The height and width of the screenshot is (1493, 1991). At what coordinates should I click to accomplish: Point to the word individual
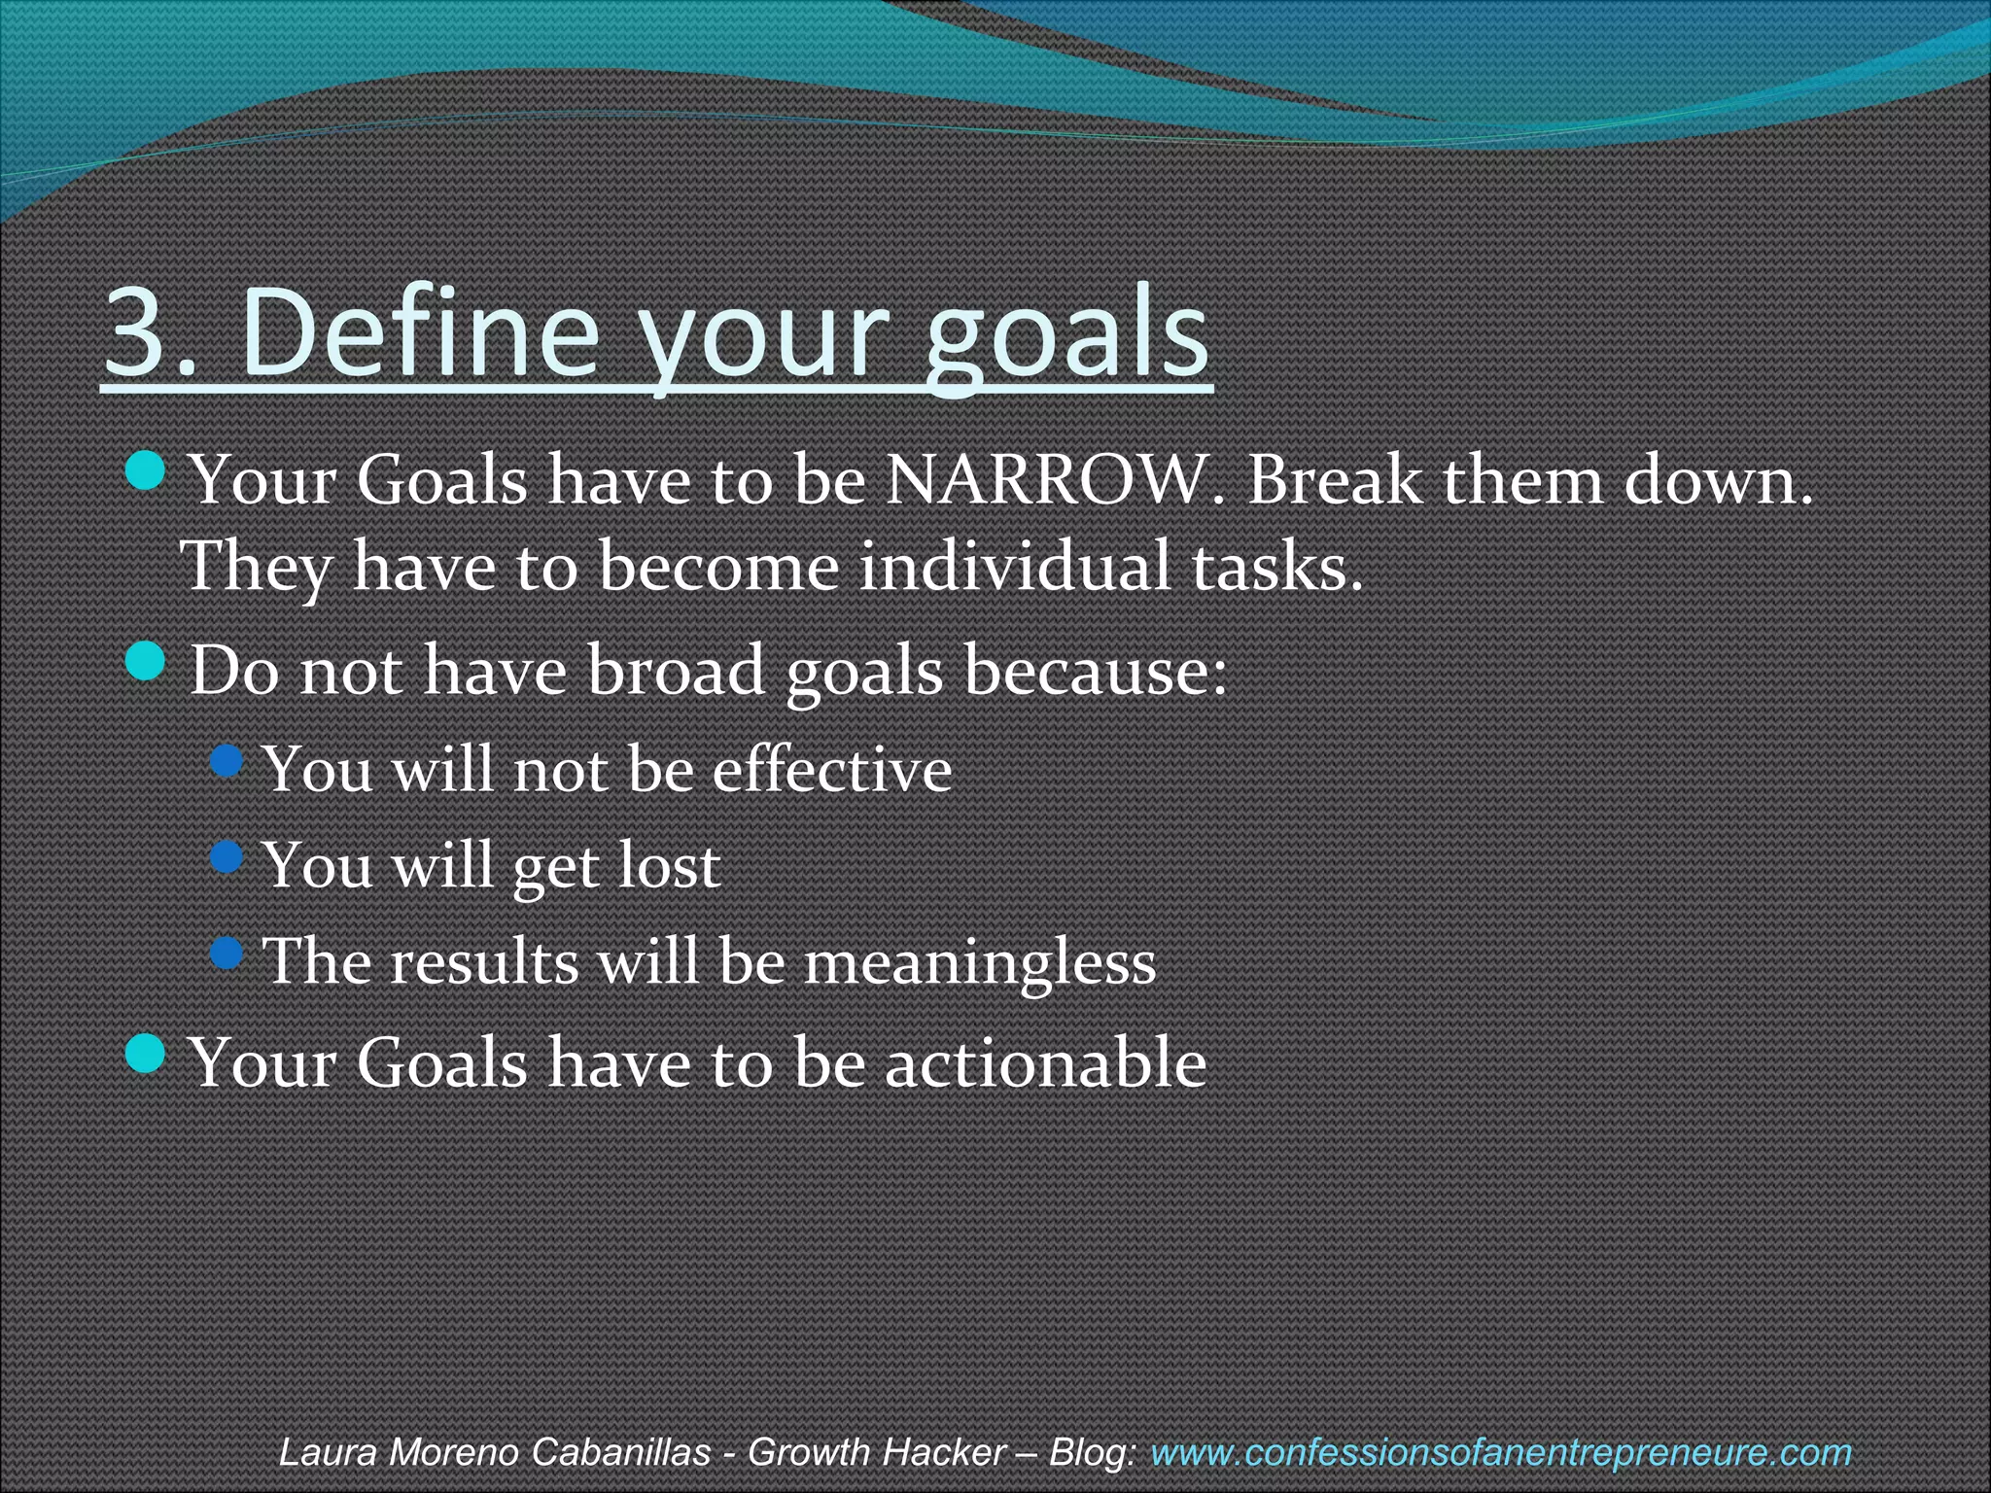[1015, 567]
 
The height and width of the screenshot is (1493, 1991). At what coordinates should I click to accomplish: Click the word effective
[831, 770]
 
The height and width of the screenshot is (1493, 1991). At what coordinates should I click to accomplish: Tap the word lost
[669, 865]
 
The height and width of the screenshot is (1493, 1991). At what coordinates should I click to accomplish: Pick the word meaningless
[979, 962]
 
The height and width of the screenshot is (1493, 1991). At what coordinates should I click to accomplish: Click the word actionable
[1045, 1062]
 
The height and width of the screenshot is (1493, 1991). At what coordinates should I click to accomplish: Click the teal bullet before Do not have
[146, 663]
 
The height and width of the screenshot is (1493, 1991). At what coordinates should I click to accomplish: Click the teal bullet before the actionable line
[146, 1054]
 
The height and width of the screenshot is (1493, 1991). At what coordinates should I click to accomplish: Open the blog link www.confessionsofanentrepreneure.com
[1500, 1453]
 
